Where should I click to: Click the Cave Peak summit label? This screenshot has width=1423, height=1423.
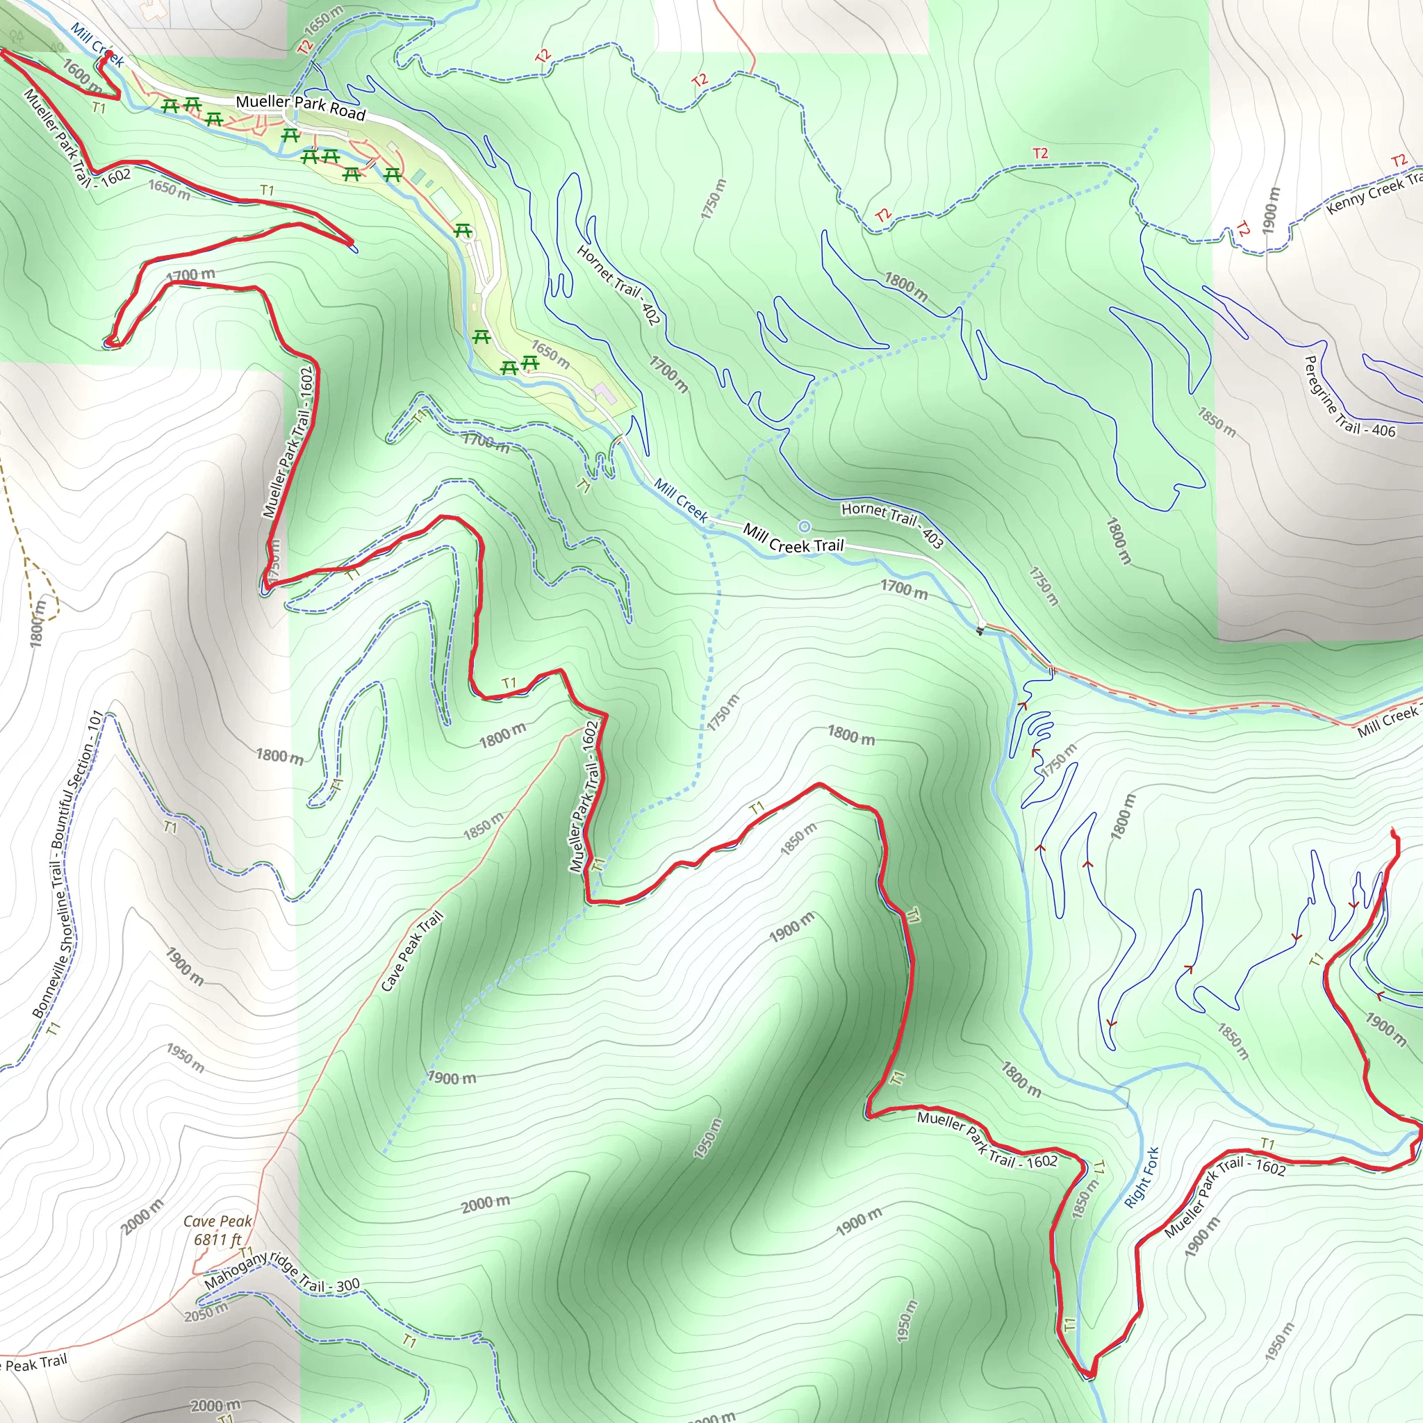(217, 1222)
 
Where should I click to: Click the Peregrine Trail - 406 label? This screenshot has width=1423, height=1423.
(1349, 398)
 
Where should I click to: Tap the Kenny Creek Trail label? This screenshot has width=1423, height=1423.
(1374, 194)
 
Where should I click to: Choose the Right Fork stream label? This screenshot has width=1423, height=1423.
(1142, 1177)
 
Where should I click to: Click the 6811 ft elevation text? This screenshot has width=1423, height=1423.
(217, 1240)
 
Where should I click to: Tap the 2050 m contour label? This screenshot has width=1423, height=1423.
(206, 1312)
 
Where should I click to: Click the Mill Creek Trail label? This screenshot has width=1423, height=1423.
(793, 538)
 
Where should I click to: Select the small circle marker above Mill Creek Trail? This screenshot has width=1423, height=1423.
(805, 526)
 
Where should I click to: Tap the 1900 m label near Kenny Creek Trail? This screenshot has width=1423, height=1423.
(1270, 211)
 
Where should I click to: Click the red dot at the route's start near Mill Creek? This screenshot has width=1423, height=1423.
(109, 54)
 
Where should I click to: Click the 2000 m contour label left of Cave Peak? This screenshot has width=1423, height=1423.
(143, 1217)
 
